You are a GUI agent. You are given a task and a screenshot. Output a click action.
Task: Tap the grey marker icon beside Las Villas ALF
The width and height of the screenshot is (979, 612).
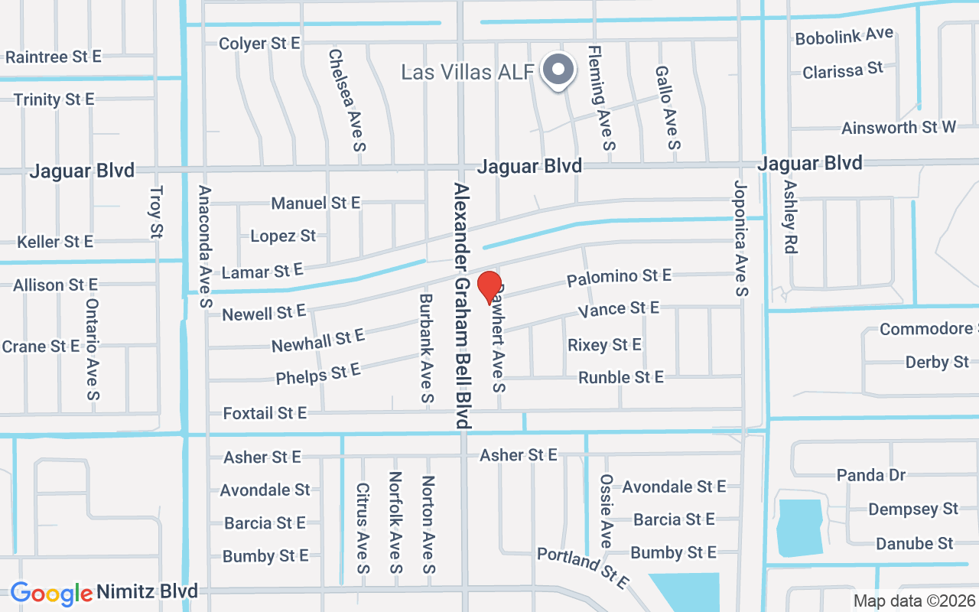click(559, 71)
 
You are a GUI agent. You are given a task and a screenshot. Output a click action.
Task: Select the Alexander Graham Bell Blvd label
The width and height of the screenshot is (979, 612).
click(463, 304)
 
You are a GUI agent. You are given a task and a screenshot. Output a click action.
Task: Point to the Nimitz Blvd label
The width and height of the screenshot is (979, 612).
click(147, 591)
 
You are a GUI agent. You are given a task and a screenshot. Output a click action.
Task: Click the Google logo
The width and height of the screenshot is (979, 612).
click(51, 593)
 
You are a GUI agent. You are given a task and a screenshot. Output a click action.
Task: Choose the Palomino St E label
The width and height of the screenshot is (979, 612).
click(619, 277)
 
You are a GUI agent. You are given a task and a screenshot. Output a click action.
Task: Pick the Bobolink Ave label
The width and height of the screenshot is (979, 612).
click(844, 36)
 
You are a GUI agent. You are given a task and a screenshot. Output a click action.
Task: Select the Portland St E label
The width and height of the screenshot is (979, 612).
click(582, 568)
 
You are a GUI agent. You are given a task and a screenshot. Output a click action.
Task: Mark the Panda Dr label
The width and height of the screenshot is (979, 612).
click(871, 475)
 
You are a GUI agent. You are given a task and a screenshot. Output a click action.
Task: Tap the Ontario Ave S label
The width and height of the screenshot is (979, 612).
click(93, 349)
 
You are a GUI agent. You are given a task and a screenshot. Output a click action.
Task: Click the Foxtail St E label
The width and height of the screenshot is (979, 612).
click(265, 413)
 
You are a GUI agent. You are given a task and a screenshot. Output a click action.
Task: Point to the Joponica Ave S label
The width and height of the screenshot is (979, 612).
click(740, 238)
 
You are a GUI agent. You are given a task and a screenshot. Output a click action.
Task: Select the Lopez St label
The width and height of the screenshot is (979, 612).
click(283, 236)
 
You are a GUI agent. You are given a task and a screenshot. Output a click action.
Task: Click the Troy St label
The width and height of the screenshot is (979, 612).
click(157, 211)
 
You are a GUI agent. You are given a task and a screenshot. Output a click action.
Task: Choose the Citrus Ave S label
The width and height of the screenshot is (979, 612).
click(363, 528)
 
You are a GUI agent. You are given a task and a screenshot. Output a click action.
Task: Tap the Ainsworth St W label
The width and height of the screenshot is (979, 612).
click(899, 127)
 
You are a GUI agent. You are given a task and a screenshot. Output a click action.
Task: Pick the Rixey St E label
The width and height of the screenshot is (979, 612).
click(604, 345)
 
